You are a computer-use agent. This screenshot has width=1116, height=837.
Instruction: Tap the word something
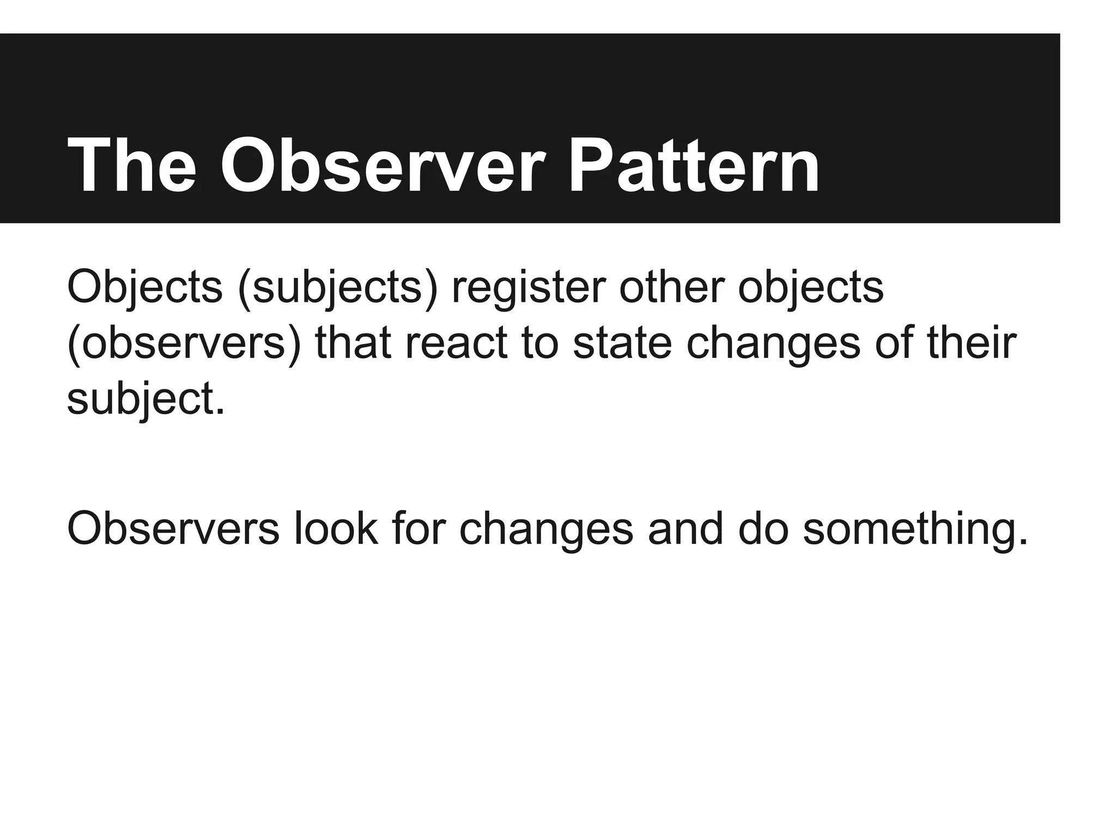pyautogui.click(x=915, y=528)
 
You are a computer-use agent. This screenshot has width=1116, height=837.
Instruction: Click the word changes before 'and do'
pyautogui.click(x=547, y=529)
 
